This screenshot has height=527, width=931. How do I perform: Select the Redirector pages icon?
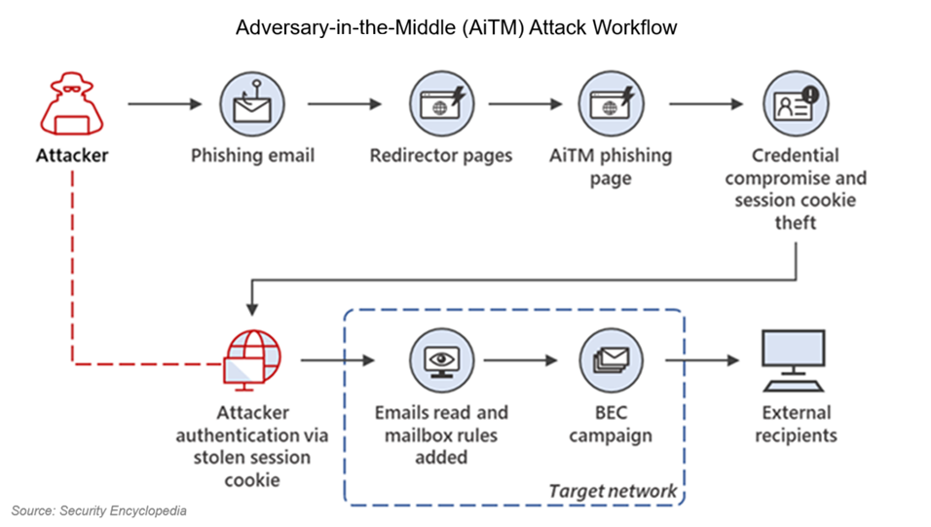441,103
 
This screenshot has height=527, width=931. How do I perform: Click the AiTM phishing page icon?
611,103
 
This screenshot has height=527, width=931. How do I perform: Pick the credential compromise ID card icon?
796,103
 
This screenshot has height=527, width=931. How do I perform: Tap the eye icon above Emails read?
441,359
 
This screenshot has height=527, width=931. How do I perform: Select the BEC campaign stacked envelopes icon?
611,359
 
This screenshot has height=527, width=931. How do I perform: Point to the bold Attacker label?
73,155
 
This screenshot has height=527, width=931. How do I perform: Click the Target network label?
613,490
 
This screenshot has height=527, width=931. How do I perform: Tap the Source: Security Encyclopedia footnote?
98,510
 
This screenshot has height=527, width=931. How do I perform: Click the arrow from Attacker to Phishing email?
164,104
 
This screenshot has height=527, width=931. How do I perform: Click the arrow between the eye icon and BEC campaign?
521,360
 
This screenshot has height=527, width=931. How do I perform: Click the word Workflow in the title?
632,27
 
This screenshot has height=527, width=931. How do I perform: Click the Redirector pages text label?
441,155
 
